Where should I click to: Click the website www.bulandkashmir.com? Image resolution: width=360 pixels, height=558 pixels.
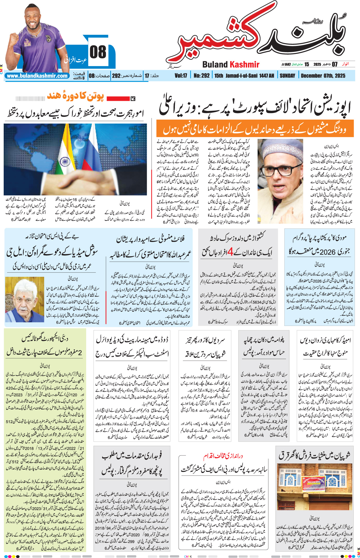(37, 76)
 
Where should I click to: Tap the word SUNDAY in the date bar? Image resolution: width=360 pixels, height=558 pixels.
(287, 76)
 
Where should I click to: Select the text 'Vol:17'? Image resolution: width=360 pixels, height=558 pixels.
(181, 76)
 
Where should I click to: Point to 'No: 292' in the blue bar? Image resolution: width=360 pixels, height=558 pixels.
(202, 76)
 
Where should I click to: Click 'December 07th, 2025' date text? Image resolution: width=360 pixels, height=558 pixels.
(323, 76)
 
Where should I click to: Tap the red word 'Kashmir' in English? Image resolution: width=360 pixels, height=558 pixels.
(244, 65)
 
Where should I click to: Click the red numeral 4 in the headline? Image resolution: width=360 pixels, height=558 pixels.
(230, 252)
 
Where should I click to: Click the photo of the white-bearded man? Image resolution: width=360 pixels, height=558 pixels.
(25, 300)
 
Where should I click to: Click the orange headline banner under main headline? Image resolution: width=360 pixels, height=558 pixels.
(255, 129)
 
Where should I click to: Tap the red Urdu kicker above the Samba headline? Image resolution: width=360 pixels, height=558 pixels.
(223, 456)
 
